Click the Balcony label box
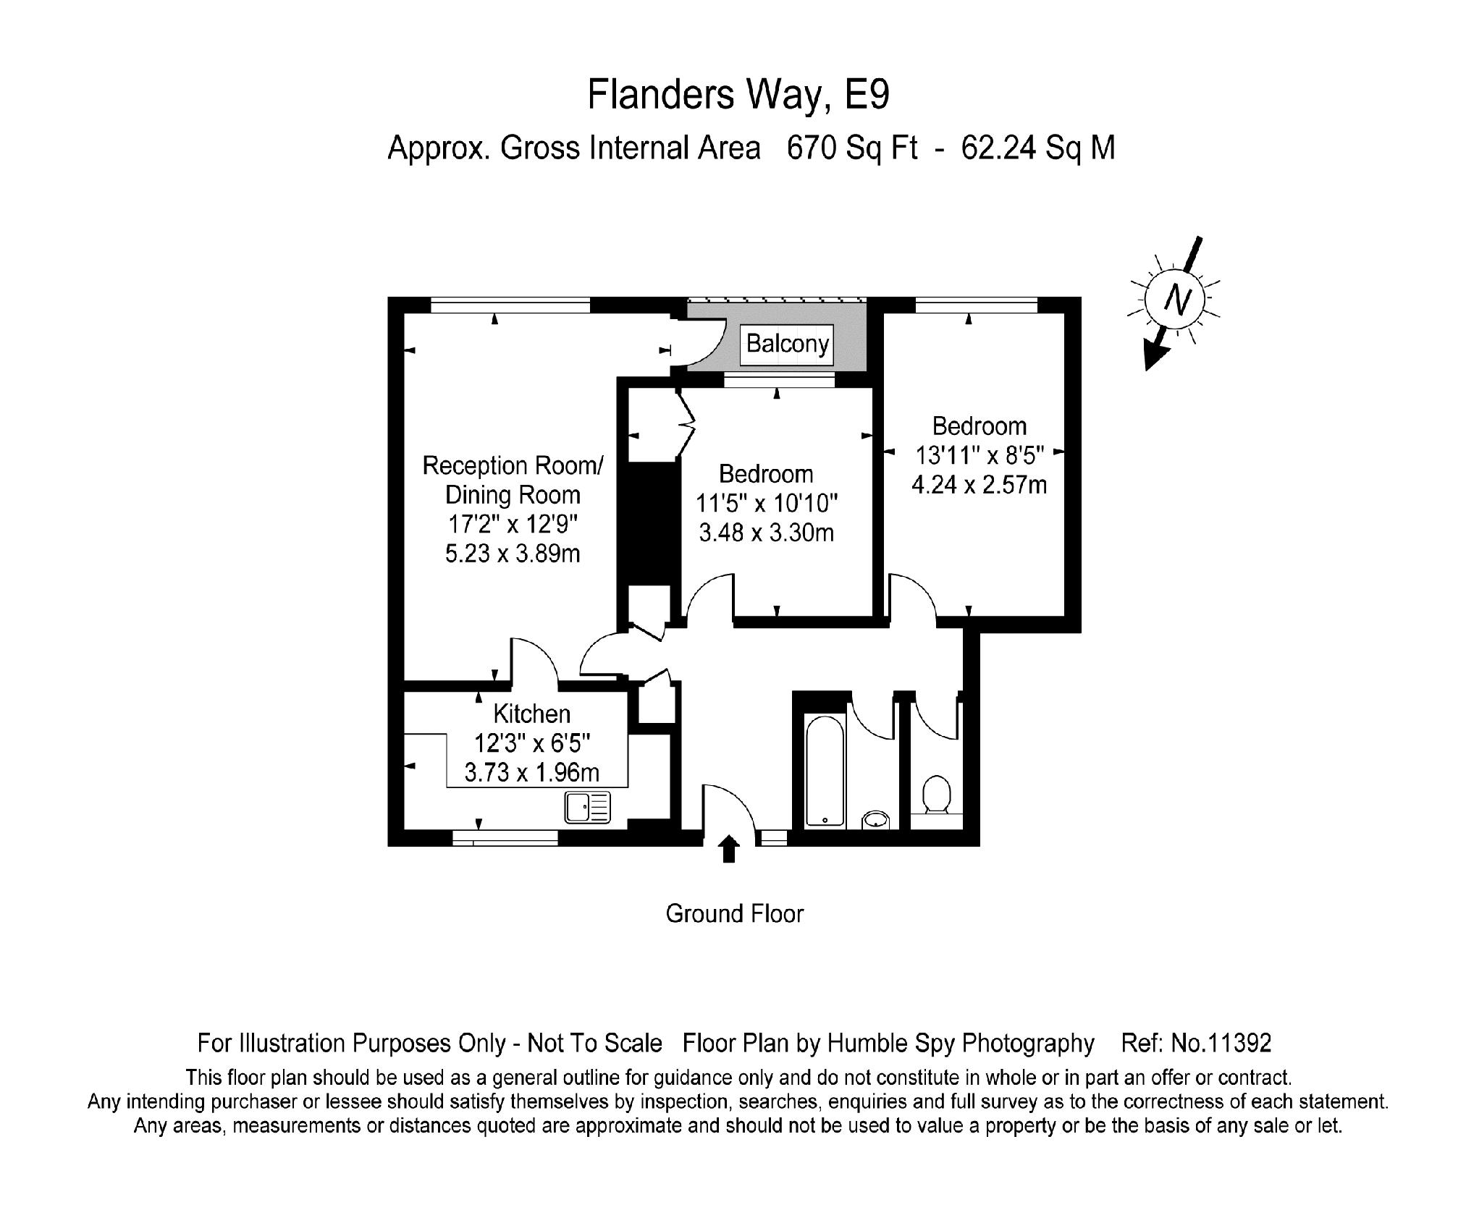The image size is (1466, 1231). pyautogui.click(x=787, y=344)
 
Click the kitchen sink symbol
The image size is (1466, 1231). pyautogui.click(x=588, y=807)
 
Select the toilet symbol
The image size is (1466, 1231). pyautogui.click(x=937, y=795)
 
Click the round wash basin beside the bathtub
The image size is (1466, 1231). pyautogui.click(x=876, y=819)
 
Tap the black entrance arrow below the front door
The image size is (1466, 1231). pyautogui.click(x=729, y=850)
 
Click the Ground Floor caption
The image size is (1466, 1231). pyautogui.click(x=734, y=914)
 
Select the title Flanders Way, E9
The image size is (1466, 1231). pyautogui.click(x=738, y=95)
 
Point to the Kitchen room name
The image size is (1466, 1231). pyautogui.click(x=531, y=714)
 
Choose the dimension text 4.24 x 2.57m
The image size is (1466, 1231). pyautogui.click(x=979, y=485)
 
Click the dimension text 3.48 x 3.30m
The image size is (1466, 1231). pyautogui.click(x=766, y=533)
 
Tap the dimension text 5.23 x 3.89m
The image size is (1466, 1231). pyautogui.click(x=512, y=554)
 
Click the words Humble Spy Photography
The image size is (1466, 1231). pyautogui.click(x=961, y=1044)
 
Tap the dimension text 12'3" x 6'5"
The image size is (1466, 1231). pyautogui.click(x=532, y=744)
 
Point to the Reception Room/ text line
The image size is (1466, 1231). pyautogui.click(x=513, y=465)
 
